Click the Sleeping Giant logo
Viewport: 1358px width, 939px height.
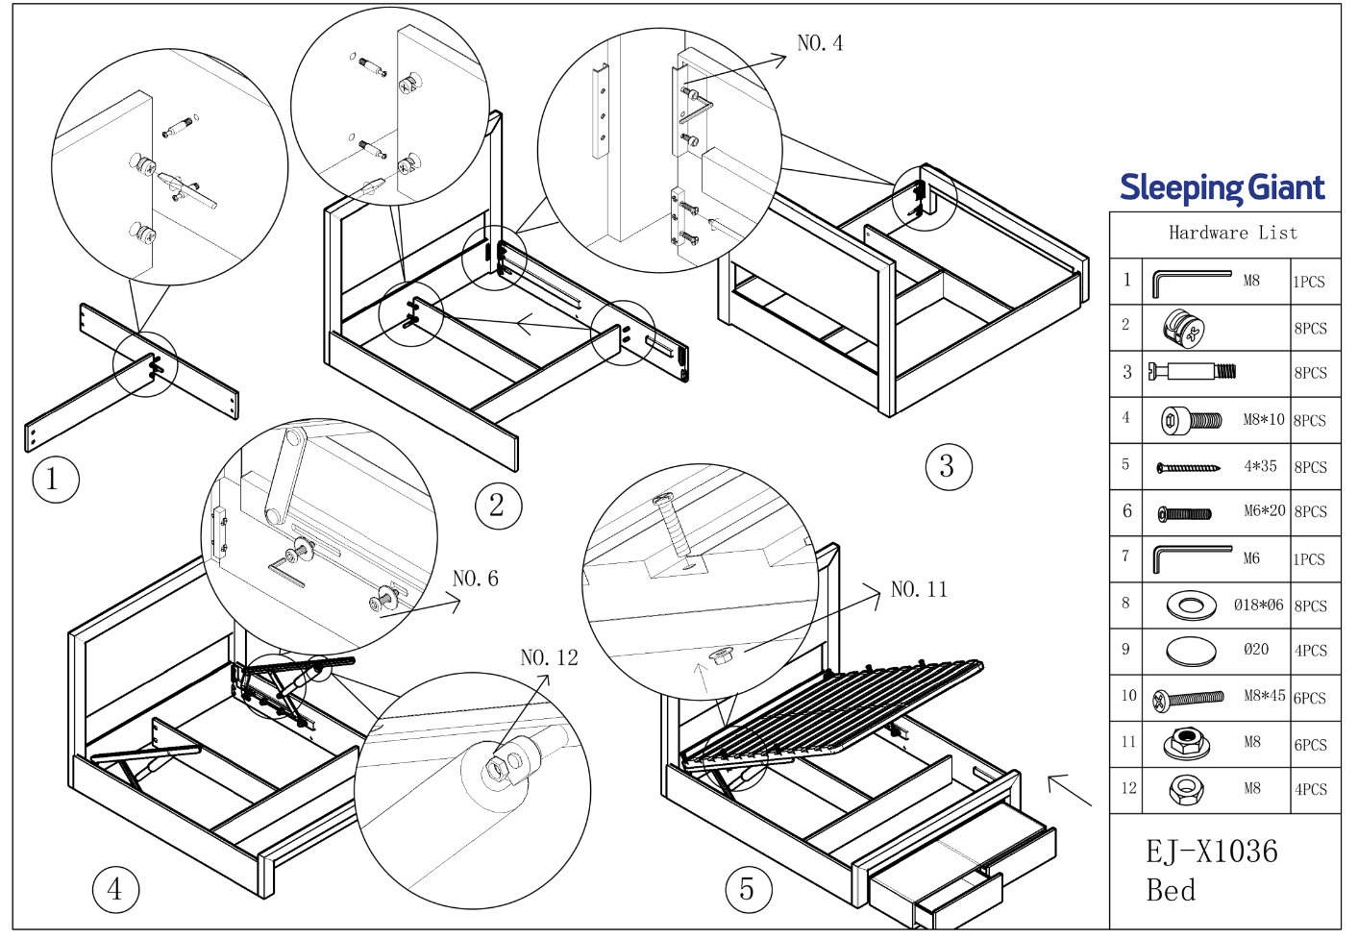[1222, 187]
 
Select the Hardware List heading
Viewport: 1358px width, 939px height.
[1232, 234]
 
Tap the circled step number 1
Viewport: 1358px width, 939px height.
[54, 480]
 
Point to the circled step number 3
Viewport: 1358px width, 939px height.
[948, 467]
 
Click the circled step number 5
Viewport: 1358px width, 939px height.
[748, 890]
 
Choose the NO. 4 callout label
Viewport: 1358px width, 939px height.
[820, 43]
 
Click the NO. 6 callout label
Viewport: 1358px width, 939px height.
[475, 579]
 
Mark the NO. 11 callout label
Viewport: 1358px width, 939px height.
[919, 590]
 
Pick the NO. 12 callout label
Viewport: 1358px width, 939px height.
[549, 658]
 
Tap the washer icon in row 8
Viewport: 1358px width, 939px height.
[1191, 605]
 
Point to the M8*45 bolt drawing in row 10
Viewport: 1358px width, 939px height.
[1189, 699]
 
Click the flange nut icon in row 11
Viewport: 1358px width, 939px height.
[1186, 743]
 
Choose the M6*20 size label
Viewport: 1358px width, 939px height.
[1264, 511]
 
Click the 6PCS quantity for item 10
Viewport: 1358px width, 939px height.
[1309, 699]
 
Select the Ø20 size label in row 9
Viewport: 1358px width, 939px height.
[1256, 650]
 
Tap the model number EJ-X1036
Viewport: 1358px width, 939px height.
[1211, 852]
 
